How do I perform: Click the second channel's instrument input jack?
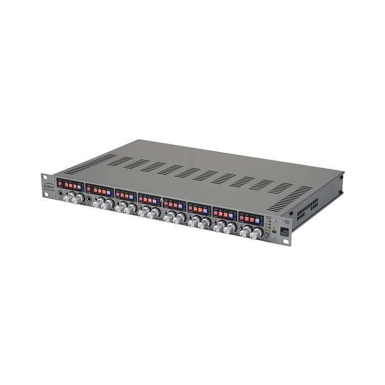pos(89,199)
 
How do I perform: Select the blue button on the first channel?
pos(79,187)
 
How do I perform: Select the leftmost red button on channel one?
pos(59,184)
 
